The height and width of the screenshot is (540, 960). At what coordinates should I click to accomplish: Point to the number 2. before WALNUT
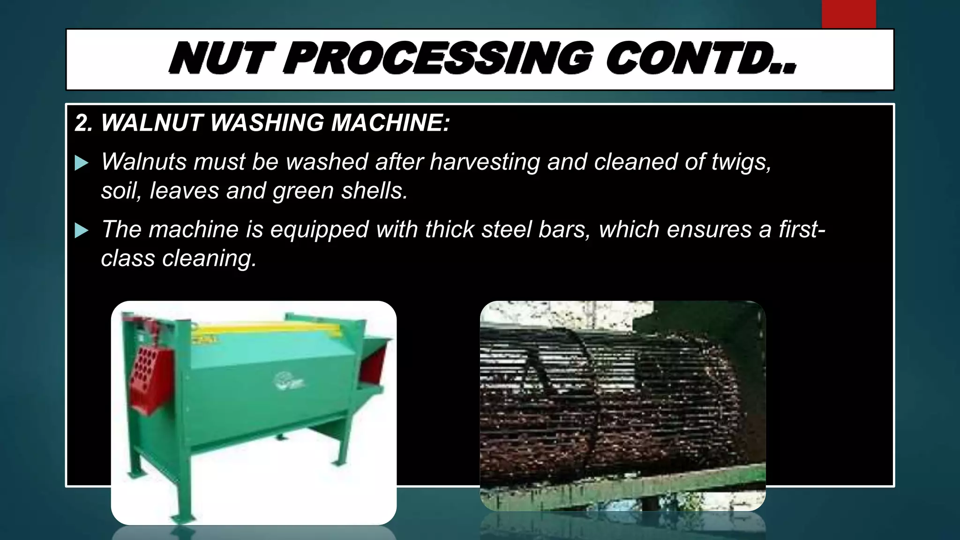(84, 123)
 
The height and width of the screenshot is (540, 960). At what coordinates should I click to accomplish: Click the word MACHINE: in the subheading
(390, 123)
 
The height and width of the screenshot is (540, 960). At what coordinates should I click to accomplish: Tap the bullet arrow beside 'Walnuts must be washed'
(82, 163)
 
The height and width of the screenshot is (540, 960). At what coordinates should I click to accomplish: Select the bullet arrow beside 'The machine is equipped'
(82, 231)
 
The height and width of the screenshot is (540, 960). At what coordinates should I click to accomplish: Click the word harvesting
(485, 162)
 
